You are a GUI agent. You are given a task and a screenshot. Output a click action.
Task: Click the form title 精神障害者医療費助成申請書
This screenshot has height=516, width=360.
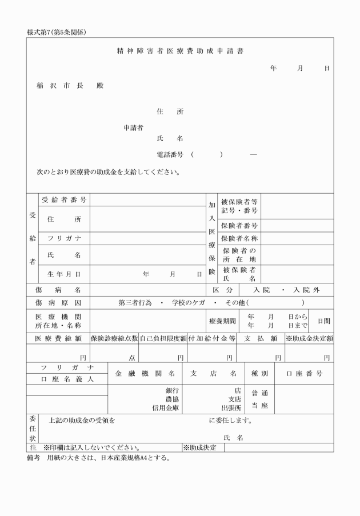[179, 51]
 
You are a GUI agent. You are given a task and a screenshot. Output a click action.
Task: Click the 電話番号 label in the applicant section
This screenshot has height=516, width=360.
[170, 154]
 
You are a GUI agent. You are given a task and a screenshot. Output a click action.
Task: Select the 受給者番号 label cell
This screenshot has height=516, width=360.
[64, 199]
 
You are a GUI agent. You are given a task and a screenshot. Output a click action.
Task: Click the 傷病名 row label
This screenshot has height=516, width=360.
[58, 290]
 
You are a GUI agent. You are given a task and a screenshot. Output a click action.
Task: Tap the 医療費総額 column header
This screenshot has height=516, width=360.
[58, 338]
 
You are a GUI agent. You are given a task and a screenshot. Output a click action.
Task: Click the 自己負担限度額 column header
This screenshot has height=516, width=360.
[163, 338]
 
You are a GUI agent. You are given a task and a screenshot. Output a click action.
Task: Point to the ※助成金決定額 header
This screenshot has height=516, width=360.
[309, 338]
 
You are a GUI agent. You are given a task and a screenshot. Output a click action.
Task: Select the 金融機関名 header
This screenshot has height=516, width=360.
[145, 374]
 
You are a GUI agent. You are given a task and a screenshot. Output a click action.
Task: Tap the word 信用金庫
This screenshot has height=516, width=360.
[166, 408]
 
